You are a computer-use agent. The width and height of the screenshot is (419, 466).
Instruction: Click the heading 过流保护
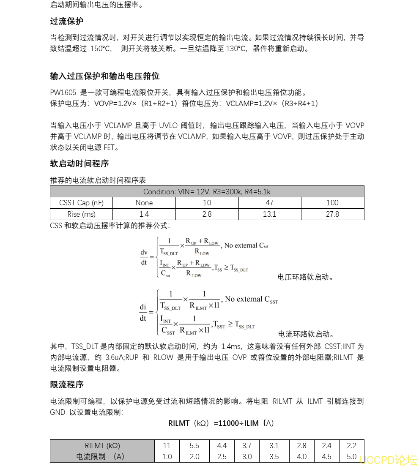(x=67, y=21)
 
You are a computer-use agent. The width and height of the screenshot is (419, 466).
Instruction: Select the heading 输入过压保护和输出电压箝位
(x=104, y=76)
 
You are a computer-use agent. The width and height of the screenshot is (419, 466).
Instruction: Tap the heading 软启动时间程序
(x=79, y=164)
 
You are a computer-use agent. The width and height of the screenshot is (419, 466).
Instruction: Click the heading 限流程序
(x=67, y=384)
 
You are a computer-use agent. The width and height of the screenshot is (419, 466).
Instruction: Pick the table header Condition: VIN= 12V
(x=207, y=191)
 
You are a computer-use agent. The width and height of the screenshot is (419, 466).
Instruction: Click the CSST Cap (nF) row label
(x=81, y=203)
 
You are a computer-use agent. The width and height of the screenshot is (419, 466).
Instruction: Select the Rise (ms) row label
(x=81, y=214)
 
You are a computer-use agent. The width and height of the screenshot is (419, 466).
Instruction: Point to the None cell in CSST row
(x=144, y=203)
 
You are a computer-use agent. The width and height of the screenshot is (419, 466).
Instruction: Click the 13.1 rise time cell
(x=269, y=214)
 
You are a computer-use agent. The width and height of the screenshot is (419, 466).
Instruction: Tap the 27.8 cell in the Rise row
(x=332, y=214)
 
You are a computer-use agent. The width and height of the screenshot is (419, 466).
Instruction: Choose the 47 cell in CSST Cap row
(x=269, y=203)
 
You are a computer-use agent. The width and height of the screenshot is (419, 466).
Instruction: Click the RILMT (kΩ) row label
(x=102, y=445)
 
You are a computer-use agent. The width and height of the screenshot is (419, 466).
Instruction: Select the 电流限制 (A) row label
(x=102, y=457)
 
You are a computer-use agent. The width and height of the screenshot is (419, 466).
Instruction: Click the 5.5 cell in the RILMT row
(x=194, y=445)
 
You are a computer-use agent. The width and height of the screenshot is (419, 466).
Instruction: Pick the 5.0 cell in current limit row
(x=351, y=457)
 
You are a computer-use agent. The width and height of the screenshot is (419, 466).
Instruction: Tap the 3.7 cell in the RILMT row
(x=247, y=445)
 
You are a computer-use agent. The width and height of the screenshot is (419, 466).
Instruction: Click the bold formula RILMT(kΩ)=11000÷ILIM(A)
(x=221, y=423)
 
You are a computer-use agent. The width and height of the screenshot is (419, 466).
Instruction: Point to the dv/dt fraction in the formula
(x=144, y=257)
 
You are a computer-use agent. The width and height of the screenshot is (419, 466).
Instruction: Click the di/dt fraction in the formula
(x=143, y=312)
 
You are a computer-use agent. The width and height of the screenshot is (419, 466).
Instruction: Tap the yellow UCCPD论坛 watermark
(x=389, y=459)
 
